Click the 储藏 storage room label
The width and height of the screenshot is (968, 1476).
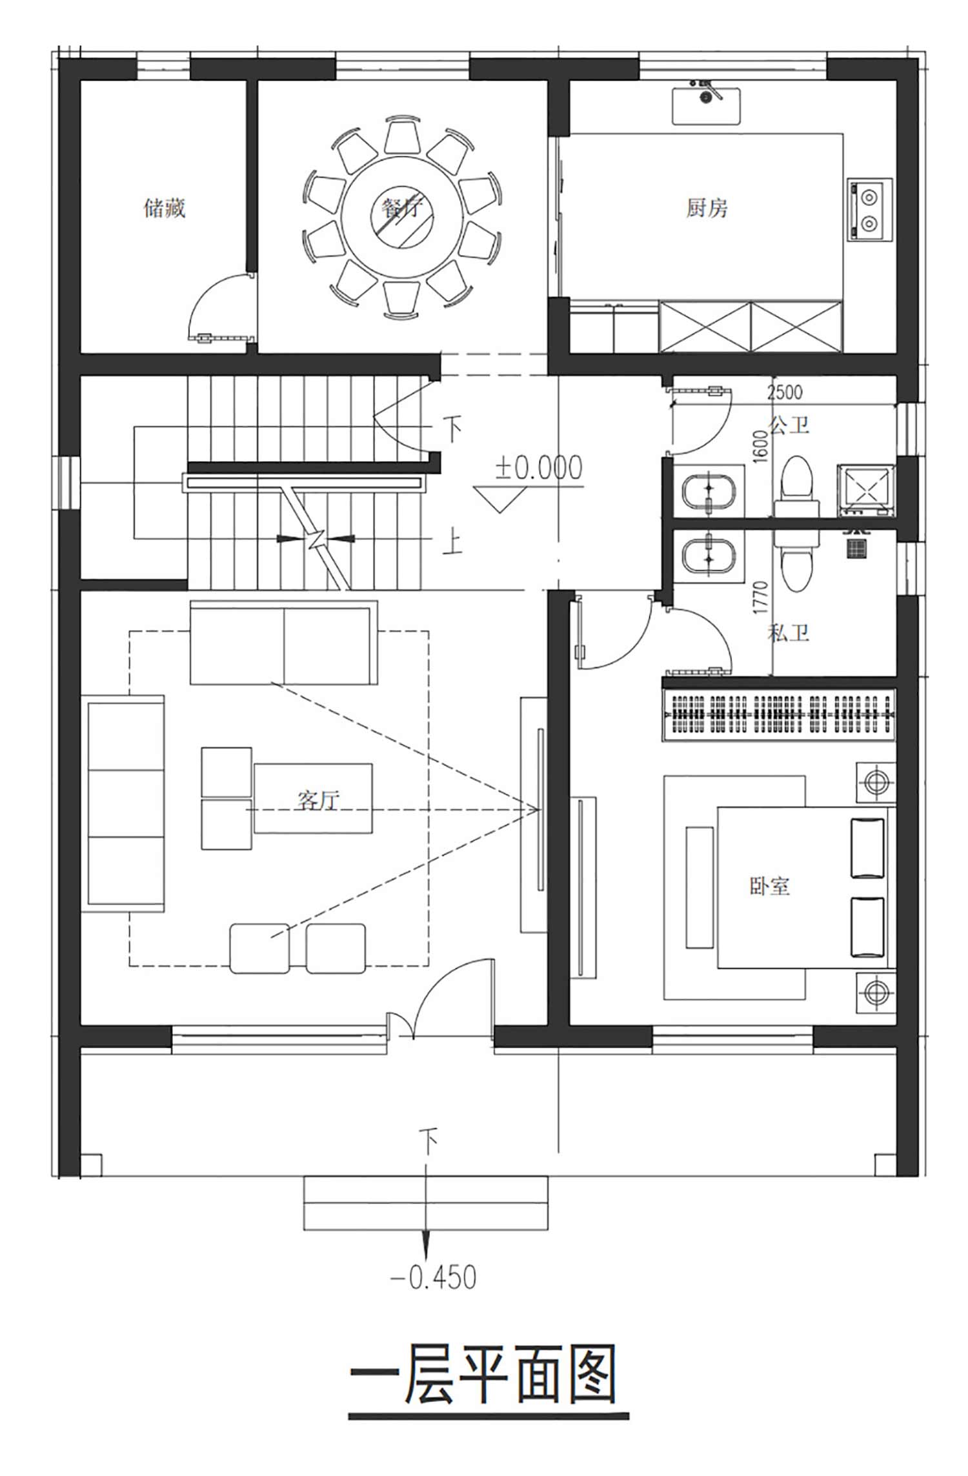(165, 208)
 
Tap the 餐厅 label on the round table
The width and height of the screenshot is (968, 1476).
(401, 208)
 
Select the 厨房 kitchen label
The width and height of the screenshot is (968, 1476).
(707, 208)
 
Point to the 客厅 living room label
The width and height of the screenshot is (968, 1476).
(318, 800)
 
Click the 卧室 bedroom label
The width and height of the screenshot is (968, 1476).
(770, 885)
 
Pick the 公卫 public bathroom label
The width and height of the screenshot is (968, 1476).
(789, 425)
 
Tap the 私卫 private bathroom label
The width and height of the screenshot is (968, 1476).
(789, 632)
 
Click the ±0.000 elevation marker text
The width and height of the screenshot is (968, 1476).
(539, 468)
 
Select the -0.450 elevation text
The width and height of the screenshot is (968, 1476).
(434, 1277)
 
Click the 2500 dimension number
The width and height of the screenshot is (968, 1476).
(785, 392)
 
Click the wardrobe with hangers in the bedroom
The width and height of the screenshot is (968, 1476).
(780, 715)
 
